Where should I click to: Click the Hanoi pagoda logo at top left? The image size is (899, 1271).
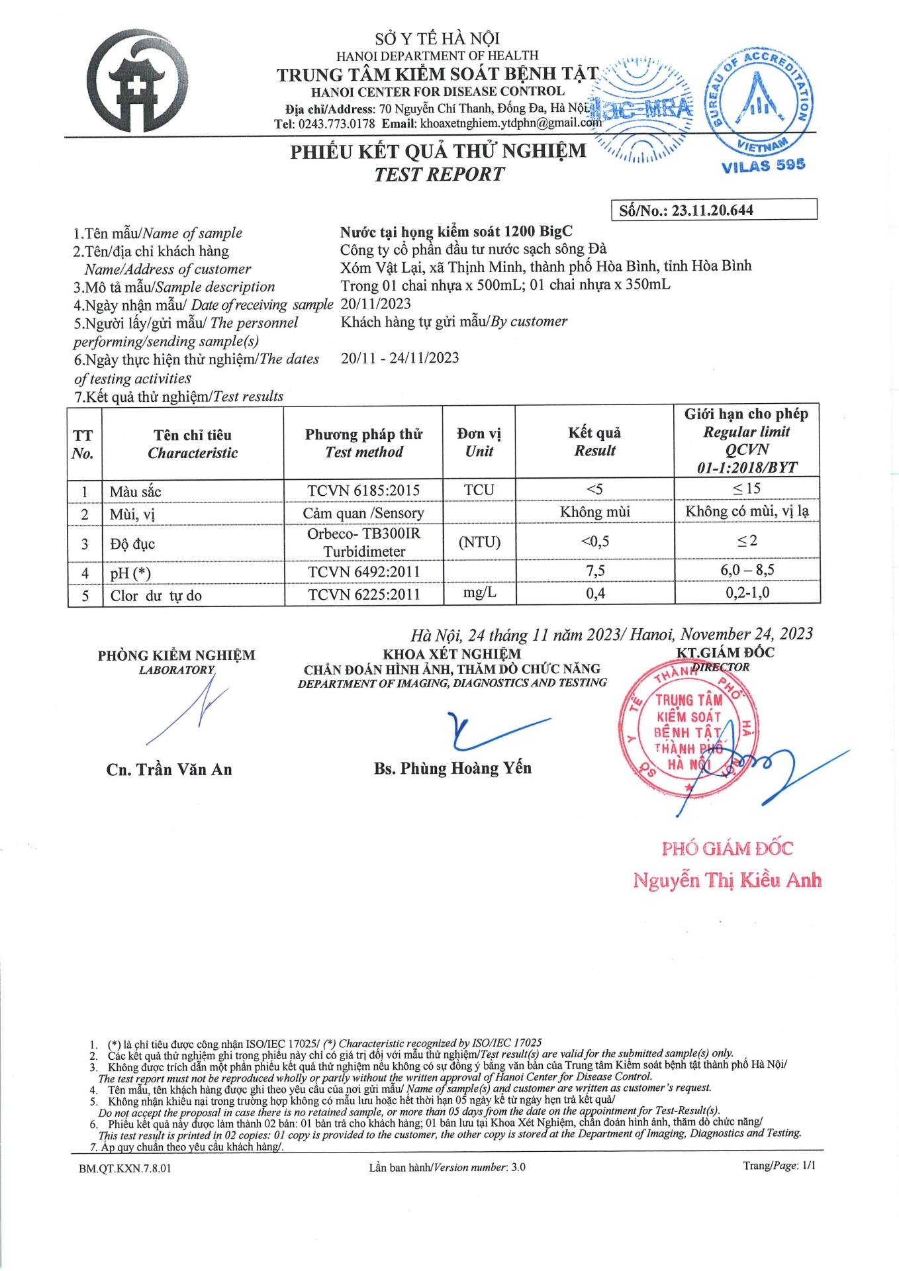(138, 81)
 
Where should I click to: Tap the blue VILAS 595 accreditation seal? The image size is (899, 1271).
(760, 106)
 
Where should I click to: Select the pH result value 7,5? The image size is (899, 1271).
(595, 571)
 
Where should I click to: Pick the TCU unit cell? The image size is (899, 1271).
(479, 490)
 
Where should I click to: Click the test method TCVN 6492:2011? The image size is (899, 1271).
(363, 572)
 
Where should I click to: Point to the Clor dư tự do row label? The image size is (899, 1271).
(156, 595)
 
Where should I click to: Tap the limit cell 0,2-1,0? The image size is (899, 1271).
(747, 592)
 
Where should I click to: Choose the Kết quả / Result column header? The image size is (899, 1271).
(594, 442)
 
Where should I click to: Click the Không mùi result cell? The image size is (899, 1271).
(595, 512)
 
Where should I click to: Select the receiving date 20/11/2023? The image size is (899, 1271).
(375, 304)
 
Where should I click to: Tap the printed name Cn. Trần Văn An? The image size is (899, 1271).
(169, 769)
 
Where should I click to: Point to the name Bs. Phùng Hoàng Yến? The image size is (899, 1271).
(453, 768)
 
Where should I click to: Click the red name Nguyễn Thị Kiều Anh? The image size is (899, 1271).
(727, 880)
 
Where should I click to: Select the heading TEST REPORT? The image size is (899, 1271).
(439, 175)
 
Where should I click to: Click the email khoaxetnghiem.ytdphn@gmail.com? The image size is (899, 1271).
(510, 123)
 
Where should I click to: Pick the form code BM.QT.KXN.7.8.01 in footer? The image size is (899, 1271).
(124, 1168)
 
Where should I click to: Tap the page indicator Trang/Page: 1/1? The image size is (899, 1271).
(779, 1166)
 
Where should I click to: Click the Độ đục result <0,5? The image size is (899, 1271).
(595, 541)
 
